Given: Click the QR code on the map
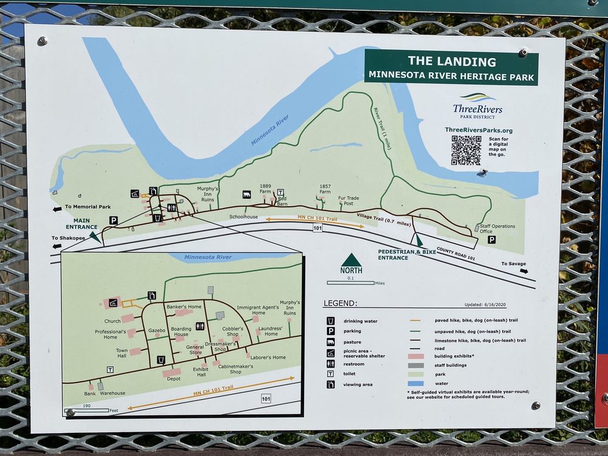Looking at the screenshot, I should click(x=466, y=150).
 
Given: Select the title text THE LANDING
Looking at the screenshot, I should click(x=452, y=61).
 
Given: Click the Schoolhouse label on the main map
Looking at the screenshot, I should click(x=243, y=216).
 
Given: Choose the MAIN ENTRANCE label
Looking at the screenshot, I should click(x=86, y=224).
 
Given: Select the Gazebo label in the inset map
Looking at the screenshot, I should click(x=157, y=330).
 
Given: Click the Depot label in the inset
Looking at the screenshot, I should click(x=174, y=378).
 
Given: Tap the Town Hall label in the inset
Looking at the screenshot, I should click(x=122, y=353).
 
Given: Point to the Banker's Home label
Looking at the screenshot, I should click(x=184, y=307).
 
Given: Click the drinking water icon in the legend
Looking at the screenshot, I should click(x=331, y=320).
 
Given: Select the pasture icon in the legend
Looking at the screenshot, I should click(x=331, y=342).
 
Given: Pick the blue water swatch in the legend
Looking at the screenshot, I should click(x=415, y=384).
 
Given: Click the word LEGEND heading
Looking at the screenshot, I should click(x=340, y=303).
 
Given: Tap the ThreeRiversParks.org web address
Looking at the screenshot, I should click(x=478, y=130).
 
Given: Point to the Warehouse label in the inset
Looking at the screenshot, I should click(x=112, y=393).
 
